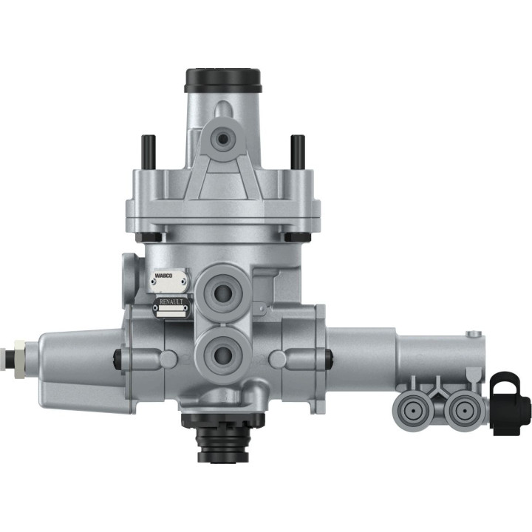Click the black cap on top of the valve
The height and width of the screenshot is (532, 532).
(x=223, y=78)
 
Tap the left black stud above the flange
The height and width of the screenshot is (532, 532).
(x=146, y=151)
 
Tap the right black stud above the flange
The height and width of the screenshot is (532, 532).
(x=298, y=151)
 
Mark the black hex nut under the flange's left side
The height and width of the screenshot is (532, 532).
(x=149, y=236)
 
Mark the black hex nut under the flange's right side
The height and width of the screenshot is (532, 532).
(x=298, y=236)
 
